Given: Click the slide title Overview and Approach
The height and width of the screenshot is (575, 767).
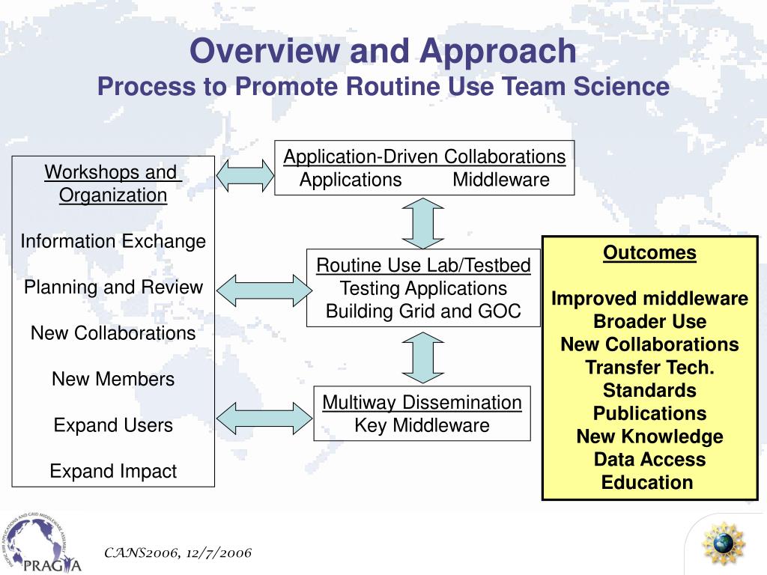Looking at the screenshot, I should (383, 52).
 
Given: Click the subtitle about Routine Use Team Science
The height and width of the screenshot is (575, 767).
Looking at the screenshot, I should (383, 87).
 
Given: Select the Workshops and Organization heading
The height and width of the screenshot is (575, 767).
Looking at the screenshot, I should (113, 183).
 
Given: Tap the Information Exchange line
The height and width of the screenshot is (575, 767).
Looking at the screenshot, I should (113, 241).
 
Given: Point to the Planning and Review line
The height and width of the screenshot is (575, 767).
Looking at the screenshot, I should (113, 287).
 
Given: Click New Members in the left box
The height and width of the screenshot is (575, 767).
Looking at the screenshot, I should (113, 379).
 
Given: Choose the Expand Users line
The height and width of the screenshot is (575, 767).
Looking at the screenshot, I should (113, 425).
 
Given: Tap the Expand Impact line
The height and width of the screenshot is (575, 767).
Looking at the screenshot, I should (113, 471).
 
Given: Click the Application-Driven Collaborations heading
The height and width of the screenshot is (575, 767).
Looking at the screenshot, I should (424, 156).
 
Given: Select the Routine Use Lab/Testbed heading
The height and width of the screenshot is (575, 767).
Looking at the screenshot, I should (423, 265).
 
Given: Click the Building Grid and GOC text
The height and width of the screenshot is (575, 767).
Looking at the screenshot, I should (423, 311).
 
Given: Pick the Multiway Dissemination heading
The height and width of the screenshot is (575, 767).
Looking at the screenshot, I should (422, 402).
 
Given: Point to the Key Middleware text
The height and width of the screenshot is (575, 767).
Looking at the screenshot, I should (422, 425).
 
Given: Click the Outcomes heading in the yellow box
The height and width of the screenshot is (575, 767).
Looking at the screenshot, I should (649, 253).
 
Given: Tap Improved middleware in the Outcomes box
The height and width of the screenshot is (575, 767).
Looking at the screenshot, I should (649, 299).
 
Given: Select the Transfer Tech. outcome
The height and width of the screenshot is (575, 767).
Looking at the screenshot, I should (649, 368).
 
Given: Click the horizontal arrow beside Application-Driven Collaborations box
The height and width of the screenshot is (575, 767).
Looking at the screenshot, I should (245, 174).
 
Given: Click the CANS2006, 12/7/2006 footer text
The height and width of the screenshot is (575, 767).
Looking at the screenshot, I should (178, 553).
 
